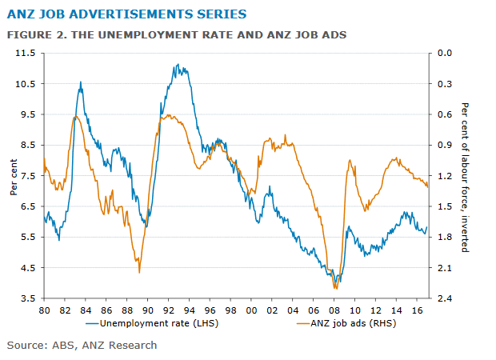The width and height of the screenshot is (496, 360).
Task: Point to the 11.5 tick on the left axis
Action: [x=26, y=53]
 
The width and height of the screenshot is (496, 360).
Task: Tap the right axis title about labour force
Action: [x=465, y=176]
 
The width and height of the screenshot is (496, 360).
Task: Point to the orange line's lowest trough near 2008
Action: [x=336, y=288]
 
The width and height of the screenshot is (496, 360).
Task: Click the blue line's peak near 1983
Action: [x=80, y=82]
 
